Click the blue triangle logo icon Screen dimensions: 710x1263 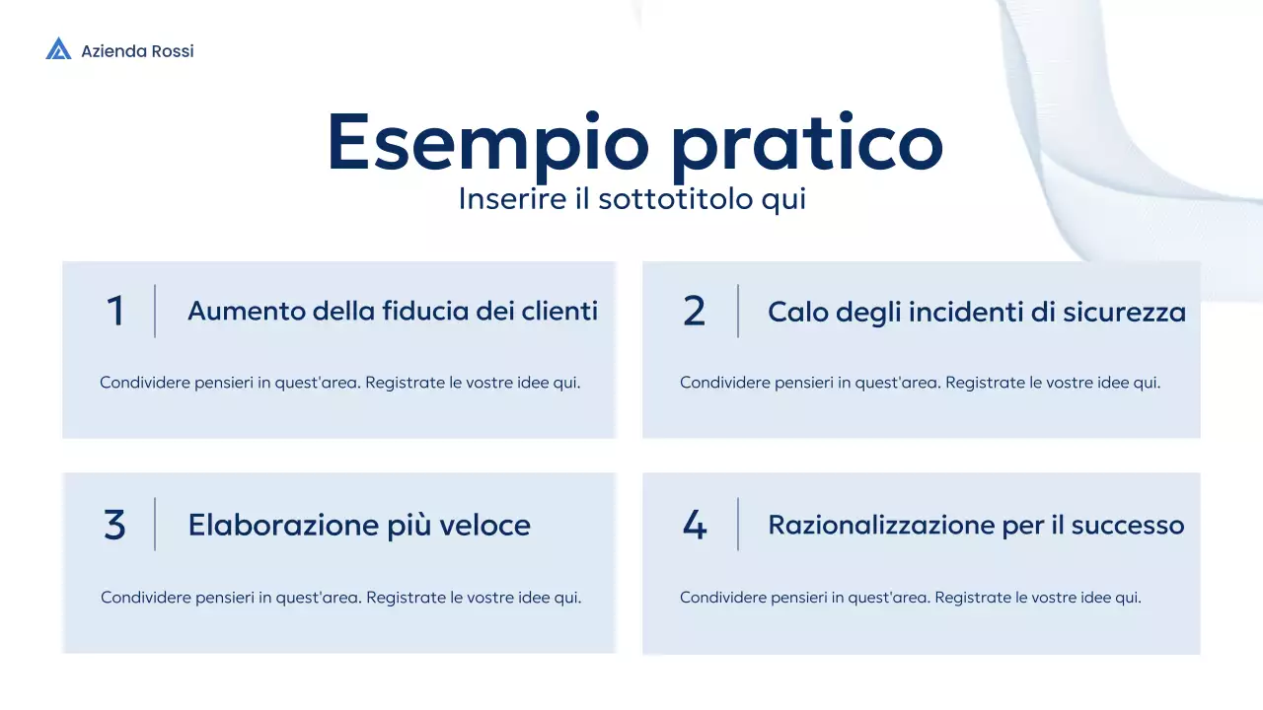point(58,49)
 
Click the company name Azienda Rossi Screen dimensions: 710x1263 point(137,51)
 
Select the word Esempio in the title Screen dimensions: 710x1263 point(487,143)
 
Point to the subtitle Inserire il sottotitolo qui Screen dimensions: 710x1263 point(632,199)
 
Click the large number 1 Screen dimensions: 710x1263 point(115,312)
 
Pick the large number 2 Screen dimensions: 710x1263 point(695,312)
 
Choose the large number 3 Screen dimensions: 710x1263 point(115,525)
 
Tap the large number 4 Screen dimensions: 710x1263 point(695,525)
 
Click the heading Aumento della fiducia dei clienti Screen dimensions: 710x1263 point(393,312)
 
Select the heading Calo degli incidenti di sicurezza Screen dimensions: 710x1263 point(977,313)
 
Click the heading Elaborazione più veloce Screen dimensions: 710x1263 point(359,525)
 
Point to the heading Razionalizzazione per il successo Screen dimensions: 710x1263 point(976,525)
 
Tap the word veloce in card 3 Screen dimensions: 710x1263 point(489,525)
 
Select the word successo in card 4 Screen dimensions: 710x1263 point(1128,525)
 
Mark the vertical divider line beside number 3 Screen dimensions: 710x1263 point(155,524)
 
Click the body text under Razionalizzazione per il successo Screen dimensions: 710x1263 point(910,597)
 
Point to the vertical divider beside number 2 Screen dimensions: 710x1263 point(738,311)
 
